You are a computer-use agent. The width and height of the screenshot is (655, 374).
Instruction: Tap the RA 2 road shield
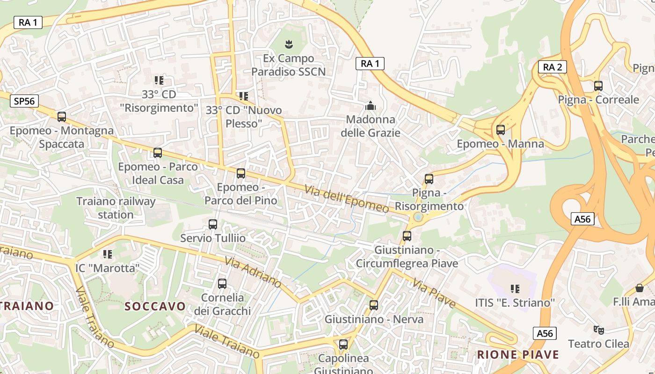pyautogui.click(x=552, y=67)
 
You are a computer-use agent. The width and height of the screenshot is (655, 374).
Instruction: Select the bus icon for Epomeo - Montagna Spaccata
pyautogui.click(x=62, y=116)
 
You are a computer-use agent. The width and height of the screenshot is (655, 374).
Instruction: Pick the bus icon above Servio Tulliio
pyautogui.click(x=213, y=224)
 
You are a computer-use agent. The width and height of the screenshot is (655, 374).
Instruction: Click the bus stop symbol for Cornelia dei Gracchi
pyautogui.click(x=222, y=283)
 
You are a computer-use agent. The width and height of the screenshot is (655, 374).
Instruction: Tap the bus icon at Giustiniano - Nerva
pyautogui.click(x=374, y=305)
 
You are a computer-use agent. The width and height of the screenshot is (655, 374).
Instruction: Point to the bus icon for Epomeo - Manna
pyautogui.click(x=501, y=129)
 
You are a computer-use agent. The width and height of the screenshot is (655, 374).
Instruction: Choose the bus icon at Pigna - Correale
pyautogui.click(x=598, y=86)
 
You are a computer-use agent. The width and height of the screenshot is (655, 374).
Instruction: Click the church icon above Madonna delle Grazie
pyautogui.click(x=371, y=106)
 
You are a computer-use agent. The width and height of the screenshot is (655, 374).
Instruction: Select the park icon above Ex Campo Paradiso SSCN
pyautogui.click(x=289, y=44)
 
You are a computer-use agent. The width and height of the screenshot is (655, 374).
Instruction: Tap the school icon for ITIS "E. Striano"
pyautogui.click(x=515, y=288)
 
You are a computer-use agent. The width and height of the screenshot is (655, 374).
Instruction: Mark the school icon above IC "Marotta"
pyautogui.click(x=108, y=254)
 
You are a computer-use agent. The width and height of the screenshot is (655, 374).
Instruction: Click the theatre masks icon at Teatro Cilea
pyautogui.click(x=598, y=330)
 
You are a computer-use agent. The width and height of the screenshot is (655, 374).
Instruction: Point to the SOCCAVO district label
pyautogui.click(x=155, y=306)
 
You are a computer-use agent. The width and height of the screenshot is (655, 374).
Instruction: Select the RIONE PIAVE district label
pyautogui.click(x=518, y=354)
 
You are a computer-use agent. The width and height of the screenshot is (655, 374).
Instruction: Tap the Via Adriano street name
pyautogui.click(x=253, y=272)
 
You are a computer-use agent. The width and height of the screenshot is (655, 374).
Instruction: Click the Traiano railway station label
pyautogui.click(x=116, y=208)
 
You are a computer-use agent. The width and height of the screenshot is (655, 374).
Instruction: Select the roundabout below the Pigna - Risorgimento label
pyautogui.click(x=418, y=217)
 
